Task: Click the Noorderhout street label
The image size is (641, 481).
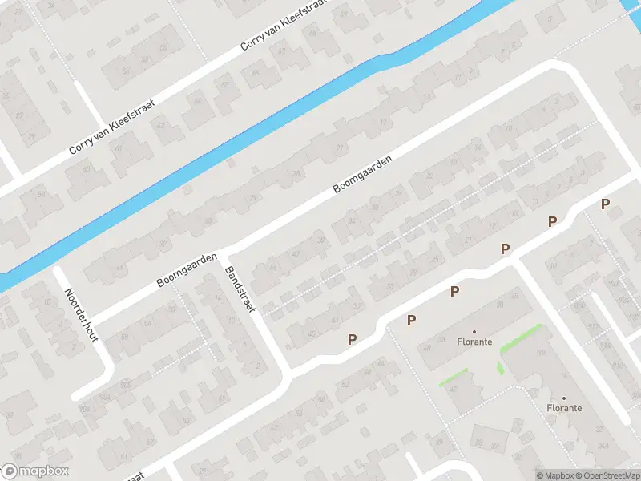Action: (82, 314)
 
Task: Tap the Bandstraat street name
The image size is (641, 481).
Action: (240, 289)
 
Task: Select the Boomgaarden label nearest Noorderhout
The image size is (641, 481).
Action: (188, 270)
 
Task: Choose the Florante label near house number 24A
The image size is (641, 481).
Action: (564, 408)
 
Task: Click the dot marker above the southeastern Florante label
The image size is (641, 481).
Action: (564, 398)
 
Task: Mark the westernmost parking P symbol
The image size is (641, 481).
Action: (352, 340)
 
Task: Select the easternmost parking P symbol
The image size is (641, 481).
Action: (605, 204)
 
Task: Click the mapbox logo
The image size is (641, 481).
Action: (35, 471)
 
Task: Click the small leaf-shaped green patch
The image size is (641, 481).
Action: (500, 368)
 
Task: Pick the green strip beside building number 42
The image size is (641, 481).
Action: (454, 377)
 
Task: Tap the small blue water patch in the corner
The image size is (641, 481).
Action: (632, 8)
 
